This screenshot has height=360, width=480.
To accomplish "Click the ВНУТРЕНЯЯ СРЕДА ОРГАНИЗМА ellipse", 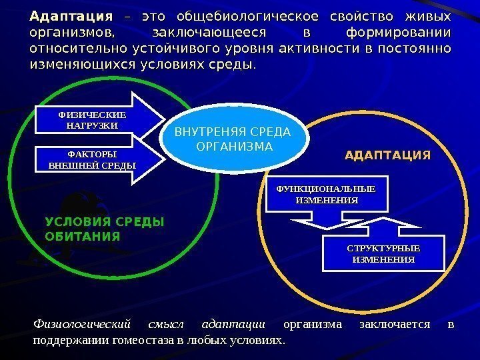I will click(237, 139).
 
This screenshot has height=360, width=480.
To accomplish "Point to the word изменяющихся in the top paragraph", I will click(81, 65).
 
